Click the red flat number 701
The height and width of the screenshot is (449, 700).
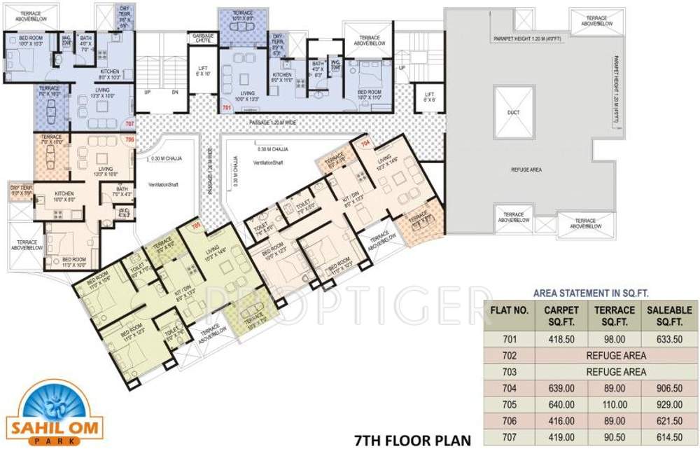(227, 109)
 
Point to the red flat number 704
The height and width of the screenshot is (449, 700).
(365, 144)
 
